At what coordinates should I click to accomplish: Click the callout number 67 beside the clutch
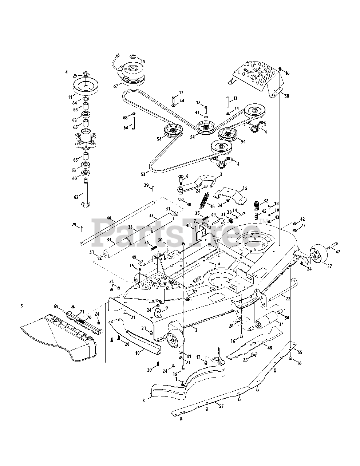coord(116,86)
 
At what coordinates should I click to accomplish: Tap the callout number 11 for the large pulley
coord(70,97)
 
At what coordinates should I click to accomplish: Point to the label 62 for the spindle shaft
coord(76,197)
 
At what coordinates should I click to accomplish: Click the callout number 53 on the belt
coord(143,174)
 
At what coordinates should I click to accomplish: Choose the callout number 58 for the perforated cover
coord(286,96)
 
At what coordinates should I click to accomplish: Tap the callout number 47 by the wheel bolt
coord(338,252)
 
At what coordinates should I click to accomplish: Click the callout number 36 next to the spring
coord(212,206)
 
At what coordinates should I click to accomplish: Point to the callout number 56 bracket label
coord(245,188)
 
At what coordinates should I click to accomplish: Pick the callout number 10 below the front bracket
coord(138,352)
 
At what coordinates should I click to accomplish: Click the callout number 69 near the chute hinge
coord(56,307)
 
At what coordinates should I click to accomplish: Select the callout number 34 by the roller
coord(281,324)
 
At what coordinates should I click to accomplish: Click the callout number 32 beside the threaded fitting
coord(266,201)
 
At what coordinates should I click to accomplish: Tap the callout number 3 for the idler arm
coord(221,174)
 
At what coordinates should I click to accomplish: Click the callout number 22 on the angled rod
coord(288,299)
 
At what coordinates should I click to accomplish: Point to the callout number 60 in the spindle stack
coord(74,178)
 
